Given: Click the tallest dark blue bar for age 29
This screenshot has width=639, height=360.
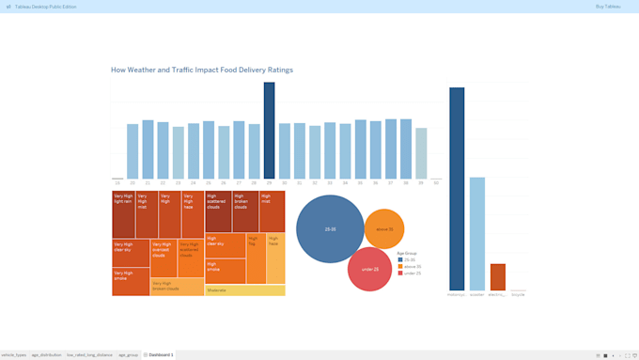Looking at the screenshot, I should [x=269, y=132].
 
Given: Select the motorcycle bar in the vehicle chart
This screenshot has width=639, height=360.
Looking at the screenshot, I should [x=457, y=188].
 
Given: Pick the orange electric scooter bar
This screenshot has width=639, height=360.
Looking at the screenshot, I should [x=498, y=277].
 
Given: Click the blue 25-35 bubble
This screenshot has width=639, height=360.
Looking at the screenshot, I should [x=330, y=228].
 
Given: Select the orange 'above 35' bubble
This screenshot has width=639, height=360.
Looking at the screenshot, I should [x=384, y=228].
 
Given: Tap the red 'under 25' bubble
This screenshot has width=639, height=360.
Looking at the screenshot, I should [x=369, y=270].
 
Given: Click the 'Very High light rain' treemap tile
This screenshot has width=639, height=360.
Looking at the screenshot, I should [x=123, y=215].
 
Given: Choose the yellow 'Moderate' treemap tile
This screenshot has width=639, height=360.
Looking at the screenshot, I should [x=244, y=290].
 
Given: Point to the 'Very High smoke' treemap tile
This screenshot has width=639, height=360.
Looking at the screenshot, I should [x=131, y=282].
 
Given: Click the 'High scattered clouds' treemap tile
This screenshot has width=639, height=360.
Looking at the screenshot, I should [x=218, y=211].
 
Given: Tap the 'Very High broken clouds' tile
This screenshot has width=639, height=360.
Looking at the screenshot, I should [x=177, y=287].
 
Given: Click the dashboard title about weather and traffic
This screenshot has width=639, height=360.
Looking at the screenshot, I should [x=202, y=70].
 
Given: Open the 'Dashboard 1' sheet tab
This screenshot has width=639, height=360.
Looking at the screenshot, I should [x=159, y=355].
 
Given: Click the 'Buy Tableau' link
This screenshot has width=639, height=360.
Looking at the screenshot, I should [x=608, y=7].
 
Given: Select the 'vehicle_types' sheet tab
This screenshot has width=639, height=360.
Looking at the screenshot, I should [x=14, y=355].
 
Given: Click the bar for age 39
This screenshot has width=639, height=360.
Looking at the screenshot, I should [x=421, y=153].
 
